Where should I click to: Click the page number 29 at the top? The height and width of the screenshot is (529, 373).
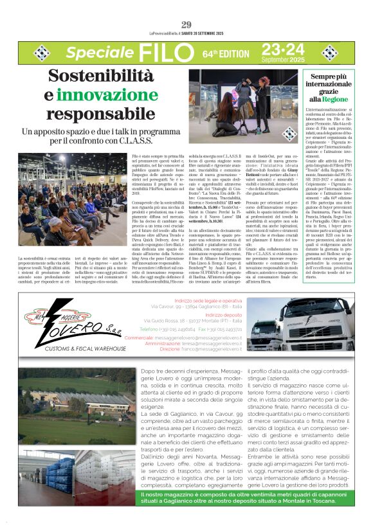click(x=186, y=24)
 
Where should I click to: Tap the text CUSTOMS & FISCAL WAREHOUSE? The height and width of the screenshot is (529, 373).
click(x=86, y=348)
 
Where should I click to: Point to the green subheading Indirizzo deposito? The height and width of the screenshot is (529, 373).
click(x=224, y=316)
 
